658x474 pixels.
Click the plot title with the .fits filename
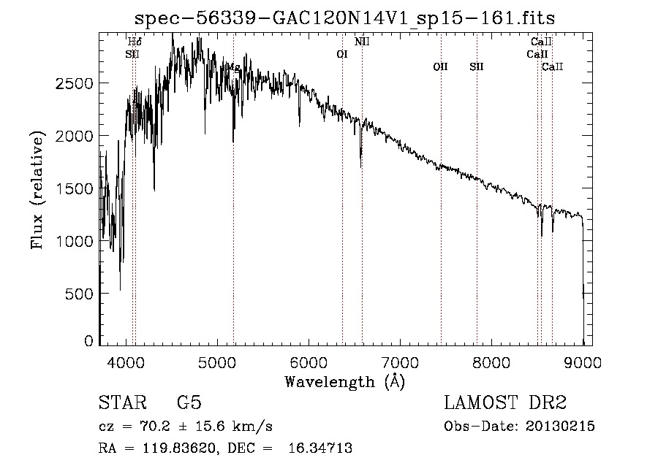[x=350, y=17]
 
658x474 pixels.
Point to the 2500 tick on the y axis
[x=74, y=83]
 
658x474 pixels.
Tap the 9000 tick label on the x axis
[x=583, y=362]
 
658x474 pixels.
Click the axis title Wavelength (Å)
[x=344, y=381]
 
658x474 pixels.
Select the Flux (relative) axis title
[x=37, y=191]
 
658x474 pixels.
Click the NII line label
[x=362, y=42]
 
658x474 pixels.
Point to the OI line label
[x=341, y=54]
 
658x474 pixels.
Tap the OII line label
[x=440, y=67]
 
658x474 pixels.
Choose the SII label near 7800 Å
[x=477, y=67]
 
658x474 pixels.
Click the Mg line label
[x=233, y=67]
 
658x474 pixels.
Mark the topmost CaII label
[x=541, y=42]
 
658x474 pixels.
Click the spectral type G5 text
[x=189, y=404]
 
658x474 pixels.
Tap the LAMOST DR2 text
[x=505, y=404]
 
